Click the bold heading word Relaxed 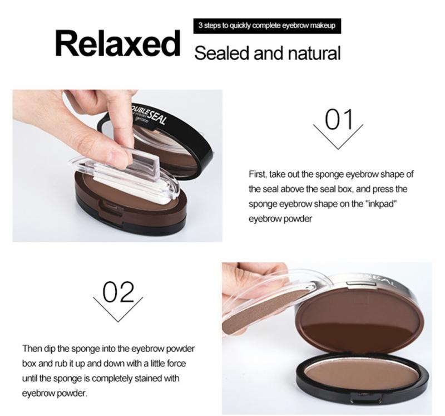[x=117, y=43]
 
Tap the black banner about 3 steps [x=267, y=26]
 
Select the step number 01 [x=339, y=119]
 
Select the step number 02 [x=118, y=292]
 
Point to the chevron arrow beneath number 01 [x=338, y=136]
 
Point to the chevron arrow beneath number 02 [x=118, y=310]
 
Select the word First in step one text [x=258, y=174]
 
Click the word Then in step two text [x=32, y=349]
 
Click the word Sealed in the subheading [x=222, y=53]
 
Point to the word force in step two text [x=177, y=364]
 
